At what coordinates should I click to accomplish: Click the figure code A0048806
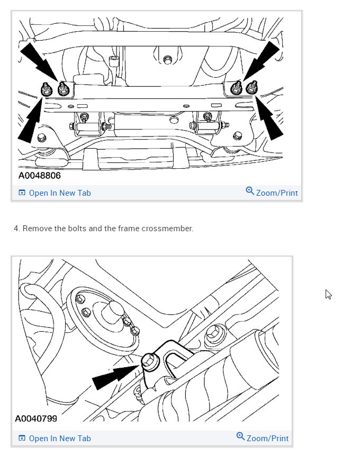click(x=40, y=176)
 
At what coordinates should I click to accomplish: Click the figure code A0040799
click(x=36, y=419)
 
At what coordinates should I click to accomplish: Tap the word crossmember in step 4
click(x=167, y=229)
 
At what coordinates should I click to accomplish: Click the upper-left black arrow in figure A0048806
click(x=39, y=61)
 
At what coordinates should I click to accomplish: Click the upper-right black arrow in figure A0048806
click(x=261, y=60)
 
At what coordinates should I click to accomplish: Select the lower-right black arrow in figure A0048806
click(x=269, y=118)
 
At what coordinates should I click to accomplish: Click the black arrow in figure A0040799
click(x=116, y=377)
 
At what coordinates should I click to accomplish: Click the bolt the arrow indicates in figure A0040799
click(x=150, y=362)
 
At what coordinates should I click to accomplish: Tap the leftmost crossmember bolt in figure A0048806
click(x=46, y=89)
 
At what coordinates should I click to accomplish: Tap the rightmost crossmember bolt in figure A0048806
click(x=252, y=87)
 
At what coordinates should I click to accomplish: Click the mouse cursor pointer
click(x=328, y=294)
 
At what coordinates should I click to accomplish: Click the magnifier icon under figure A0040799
click(x=240, y=436)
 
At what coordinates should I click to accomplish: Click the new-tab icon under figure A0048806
click(x=22, y=193)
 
